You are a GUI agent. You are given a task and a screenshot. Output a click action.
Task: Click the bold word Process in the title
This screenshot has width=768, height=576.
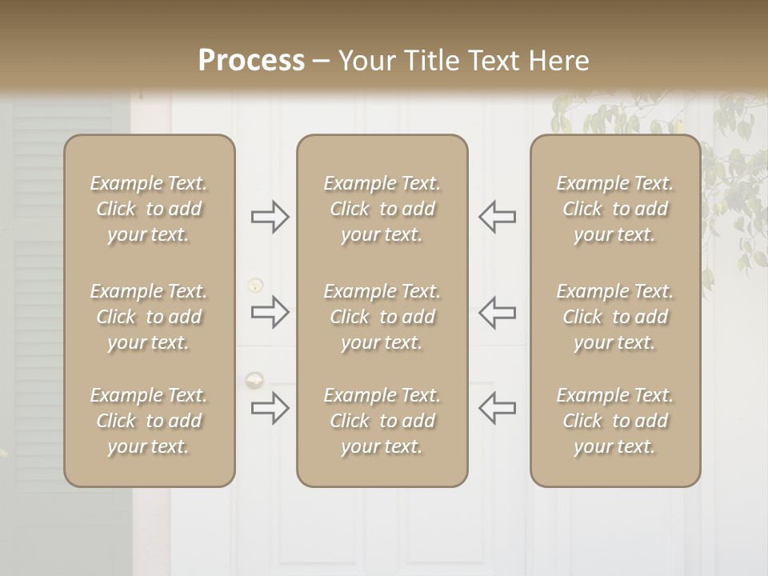point(251,61)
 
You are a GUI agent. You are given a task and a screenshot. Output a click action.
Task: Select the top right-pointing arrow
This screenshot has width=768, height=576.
point(270,217)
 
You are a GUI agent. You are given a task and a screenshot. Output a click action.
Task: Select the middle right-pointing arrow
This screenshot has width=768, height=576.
point(270,312)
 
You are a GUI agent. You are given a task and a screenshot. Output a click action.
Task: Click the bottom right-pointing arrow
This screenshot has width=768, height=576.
point(270,408)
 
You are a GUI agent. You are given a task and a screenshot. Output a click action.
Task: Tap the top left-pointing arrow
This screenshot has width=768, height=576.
point(497,217)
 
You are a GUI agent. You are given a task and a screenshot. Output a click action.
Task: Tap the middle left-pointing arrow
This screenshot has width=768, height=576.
point(497,312)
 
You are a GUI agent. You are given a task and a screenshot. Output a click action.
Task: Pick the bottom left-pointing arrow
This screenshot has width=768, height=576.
point(497,408)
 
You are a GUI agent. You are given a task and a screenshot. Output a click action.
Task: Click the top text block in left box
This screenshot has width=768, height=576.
point(149,209)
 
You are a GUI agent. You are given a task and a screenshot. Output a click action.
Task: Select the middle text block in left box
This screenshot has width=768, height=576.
point(149,317)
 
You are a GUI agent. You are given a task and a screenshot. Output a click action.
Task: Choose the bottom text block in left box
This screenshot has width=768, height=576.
point(149,421)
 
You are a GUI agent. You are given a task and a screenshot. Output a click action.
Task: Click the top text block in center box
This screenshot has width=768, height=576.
point(382,209)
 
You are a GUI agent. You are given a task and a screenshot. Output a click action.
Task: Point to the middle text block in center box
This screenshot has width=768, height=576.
point(382,317)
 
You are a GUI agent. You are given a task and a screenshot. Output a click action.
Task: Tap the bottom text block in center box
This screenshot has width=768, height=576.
point(382,421)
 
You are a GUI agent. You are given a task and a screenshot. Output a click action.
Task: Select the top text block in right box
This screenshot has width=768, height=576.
point(614,209)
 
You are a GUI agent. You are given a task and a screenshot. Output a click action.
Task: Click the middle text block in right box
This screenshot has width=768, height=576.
point(614,317)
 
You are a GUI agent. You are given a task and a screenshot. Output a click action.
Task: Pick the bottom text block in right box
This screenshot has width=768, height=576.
point(614,421)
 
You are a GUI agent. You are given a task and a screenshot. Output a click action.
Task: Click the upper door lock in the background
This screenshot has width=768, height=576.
point(254,284)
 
